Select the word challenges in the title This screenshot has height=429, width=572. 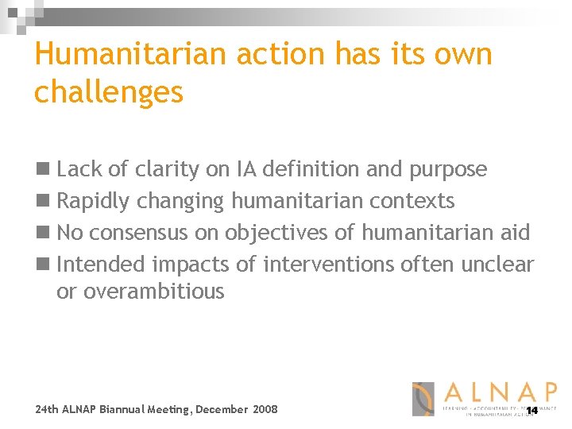pyautogui.click(x=109, y=93)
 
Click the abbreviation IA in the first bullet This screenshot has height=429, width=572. pyautogui.click(x=245, y=169)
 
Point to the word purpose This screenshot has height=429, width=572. pyautogui.click(x=447, y=169)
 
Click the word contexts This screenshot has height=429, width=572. pyautogui.click(x=413, y=201)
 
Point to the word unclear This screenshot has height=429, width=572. pyautogui.click(x=494, y=264)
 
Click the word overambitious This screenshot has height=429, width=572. pyautogui.click(x=141, y=292)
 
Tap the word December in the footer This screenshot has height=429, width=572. pyautogui.click(x=222, y=409)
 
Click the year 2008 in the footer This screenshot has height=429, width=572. pyautogui.click(x=265, y=409)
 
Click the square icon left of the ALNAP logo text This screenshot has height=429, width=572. pyautogui.click(x=423, y=399)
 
